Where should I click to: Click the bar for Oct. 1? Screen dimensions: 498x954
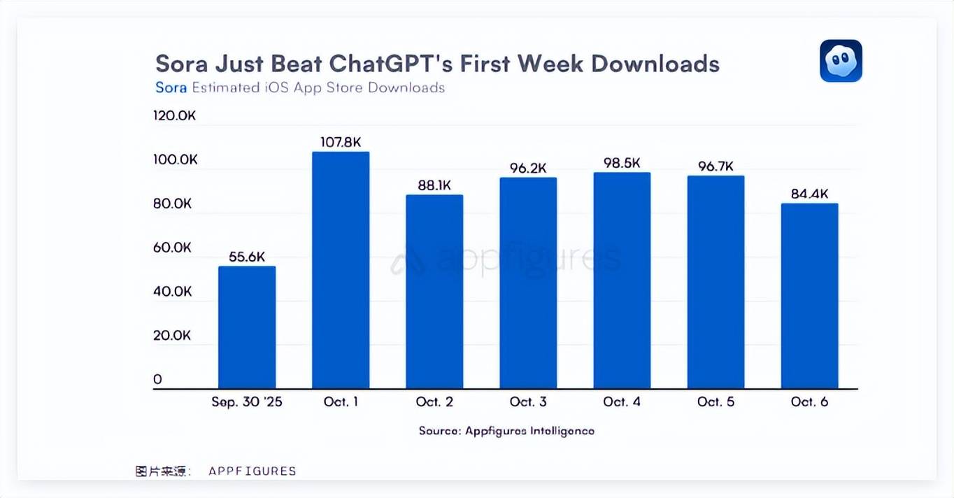click(x=341, y=270)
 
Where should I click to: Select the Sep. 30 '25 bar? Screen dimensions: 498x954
click(x=247, y=327)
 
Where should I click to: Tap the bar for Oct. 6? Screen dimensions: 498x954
click(x=809, y=296)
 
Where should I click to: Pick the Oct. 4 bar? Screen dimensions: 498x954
click(x=622, y=280)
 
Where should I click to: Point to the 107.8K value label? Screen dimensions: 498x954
click(x=341, y=142)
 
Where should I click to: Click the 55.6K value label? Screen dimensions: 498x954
click(x=247, y=257)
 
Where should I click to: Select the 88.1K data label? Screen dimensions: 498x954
click(x=434, y=185)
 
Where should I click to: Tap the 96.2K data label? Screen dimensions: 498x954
click(x=528, y=168)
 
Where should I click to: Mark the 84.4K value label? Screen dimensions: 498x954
click(x=809, y=194)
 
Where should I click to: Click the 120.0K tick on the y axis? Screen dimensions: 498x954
click(x=174, y=115)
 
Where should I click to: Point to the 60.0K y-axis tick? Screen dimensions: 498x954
click(x=172, y=248)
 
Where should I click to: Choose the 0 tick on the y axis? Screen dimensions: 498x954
click(x=158, y=380)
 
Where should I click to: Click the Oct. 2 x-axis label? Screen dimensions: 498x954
click(x=434, y=402)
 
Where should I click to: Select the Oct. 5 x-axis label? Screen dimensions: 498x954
click(x=715, y=402)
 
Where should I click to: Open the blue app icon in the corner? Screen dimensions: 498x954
click(x=841, y=61)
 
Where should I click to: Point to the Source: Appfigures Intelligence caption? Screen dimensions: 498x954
click(x=506, y=431)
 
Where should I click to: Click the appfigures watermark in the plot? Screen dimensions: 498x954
click(x=506, y=259)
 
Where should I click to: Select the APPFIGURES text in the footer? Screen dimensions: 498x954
click(x=252, y=471)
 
